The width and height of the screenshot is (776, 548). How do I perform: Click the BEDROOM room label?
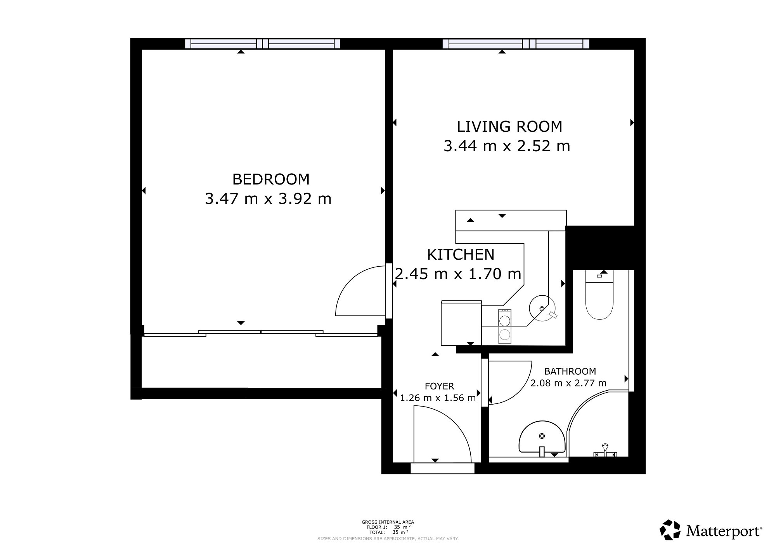tap(271, 179)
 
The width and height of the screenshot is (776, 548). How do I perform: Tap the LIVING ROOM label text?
tap(509, 127)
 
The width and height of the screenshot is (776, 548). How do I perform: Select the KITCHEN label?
tap(461, 255)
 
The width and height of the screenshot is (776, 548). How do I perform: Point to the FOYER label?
tap(439, 386)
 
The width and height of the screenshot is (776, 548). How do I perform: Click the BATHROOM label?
tap(570, 371)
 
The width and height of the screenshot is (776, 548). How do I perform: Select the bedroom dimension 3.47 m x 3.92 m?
tap(268, 199)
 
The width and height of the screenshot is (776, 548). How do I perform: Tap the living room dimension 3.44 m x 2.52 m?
tap(507, 146)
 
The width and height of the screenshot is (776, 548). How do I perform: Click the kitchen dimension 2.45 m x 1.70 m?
tap(458, 274)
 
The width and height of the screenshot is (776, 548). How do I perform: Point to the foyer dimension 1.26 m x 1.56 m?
tap(438, 398)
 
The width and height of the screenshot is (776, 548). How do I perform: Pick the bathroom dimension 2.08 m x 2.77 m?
tap(568, 383)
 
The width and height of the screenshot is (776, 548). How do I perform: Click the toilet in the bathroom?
tap(599, 295)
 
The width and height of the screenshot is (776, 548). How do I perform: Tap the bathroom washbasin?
tap(542, 437)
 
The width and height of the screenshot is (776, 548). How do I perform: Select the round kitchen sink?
tap(541, 308)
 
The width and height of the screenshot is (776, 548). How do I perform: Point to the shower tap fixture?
tap(605, 451)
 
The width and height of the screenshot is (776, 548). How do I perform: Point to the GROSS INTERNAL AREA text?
tap(388, 522)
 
